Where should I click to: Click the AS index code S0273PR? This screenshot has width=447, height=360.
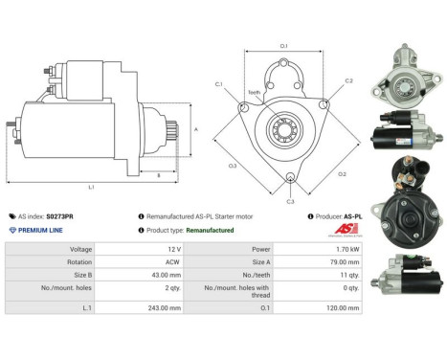click(59, 216)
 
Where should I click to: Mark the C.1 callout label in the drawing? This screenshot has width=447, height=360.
click(219, 84)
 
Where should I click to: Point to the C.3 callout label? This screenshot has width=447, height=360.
click(290, 201)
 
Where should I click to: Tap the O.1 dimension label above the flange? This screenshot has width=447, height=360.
click(283, 45)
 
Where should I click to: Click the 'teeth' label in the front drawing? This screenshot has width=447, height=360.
click(255, 93)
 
